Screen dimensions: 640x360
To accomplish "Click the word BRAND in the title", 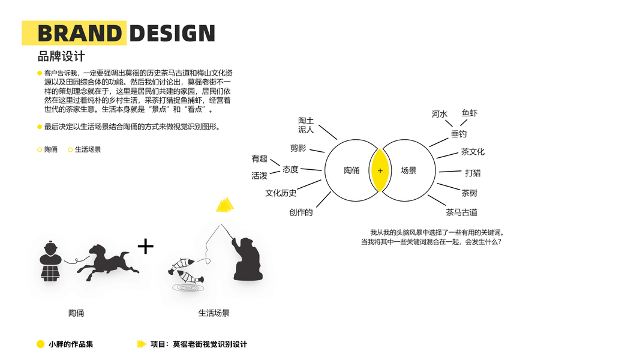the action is click(80, 34).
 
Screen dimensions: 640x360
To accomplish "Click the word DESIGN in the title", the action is click(172, 34).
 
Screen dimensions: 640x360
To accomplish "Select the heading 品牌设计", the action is click(61, 56).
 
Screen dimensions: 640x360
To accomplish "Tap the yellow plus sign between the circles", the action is click(380, 171).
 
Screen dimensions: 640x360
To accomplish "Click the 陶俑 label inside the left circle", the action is click(351, 170).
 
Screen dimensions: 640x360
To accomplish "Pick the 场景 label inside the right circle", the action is click(408, 170).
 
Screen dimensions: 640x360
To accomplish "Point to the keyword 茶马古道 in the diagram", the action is click(461, 212).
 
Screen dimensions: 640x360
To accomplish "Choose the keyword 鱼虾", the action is click(470, 113).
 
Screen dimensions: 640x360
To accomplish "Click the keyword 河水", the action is click(440, 114).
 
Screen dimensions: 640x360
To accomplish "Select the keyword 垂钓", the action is click(459, 134).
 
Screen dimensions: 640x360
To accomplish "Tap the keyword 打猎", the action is click(473, 173).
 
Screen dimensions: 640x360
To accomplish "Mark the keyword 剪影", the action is click(298, 148).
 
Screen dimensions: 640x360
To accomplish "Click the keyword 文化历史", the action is click(281, 193).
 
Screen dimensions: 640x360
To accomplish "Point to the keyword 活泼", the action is click(259, 176).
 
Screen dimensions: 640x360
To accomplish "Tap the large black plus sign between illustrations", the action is click(145, 246).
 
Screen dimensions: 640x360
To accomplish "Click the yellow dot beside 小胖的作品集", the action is click(41, 344).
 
